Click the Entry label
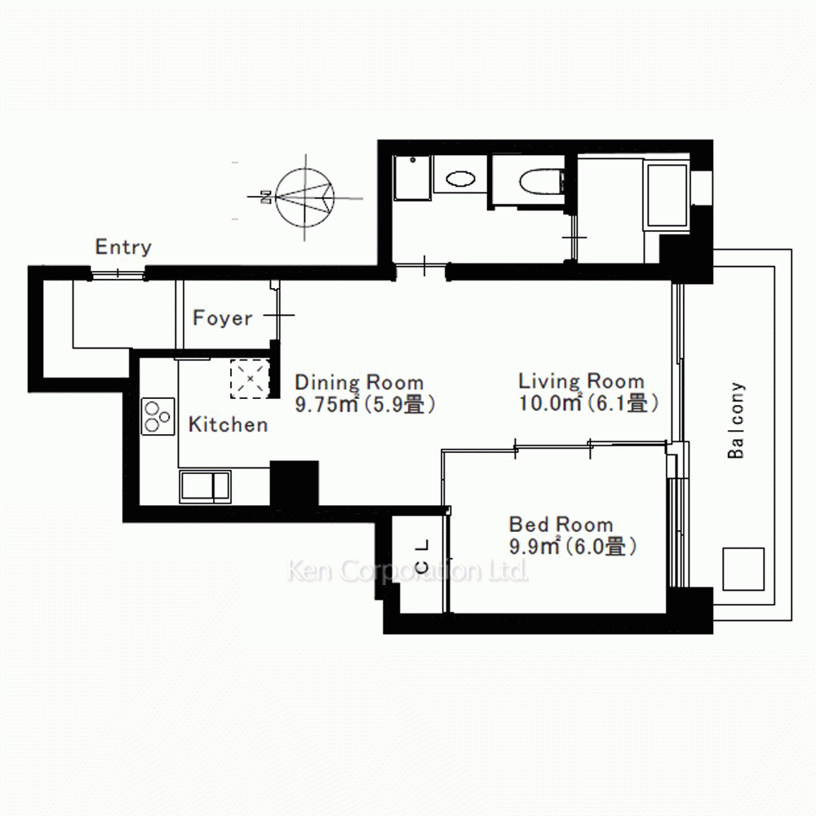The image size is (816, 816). click(x=123, y=247)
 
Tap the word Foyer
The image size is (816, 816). click(x=222, y=317)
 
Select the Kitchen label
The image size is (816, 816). click(x=228, y=424)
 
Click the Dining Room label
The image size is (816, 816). click(x=359, y=383)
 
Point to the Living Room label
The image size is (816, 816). click(x=581, y=381)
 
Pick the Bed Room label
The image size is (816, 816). click(x=561, y=524)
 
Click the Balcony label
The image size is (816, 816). click(x=736, y=420)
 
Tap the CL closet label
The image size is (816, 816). click(x=423, y=557)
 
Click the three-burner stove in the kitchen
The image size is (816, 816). click(x=157, y=416)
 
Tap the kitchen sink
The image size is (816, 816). click(x=205, y=486)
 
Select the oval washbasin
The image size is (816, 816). click(x=460, y=179)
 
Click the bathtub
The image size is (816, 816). click(x=667, y=195)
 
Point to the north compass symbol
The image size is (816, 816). click(x=304, y=197)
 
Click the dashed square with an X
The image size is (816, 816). click(x=250, y=379)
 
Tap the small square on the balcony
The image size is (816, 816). click(x=743, y=569)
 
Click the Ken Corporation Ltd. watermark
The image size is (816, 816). click(x=407, y=571)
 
